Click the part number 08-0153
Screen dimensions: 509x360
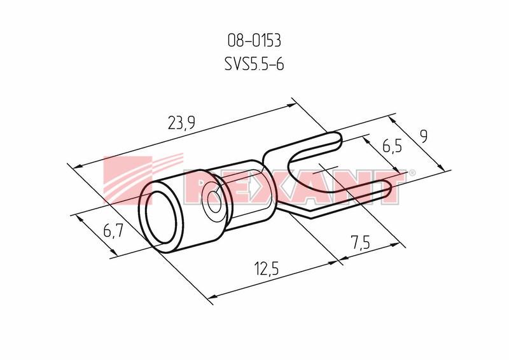tap(254, 41)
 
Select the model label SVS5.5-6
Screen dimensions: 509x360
tap(254, 64)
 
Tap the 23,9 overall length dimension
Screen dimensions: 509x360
tap(181, 123)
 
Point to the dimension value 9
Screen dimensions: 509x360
tap(423, 136)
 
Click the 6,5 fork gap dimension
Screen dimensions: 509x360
tap(392, 146)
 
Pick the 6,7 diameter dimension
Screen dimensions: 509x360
tap(113, 231)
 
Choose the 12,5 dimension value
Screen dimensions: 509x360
tap(267, 269)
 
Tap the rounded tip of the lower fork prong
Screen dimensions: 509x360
tap(389, 190)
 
